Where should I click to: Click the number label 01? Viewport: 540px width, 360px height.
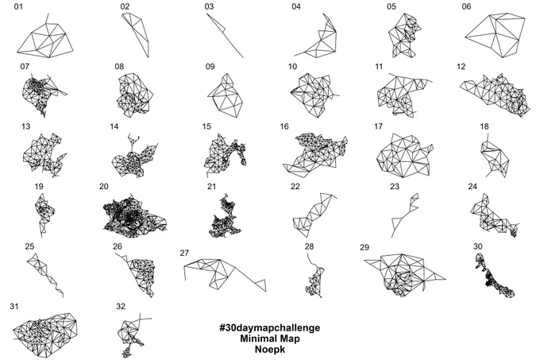(x=18, y=6)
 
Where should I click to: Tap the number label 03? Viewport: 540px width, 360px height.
(x=209, y=6)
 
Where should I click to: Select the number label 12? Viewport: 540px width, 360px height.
(x=461, y=67)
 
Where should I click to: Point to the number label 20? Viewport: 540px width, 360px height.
(x=104, y=187)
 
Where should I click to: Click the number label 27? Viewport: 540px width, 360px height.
(x=184, y=253)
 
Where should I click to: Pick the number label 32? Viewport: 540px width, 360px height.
(x=121, y=306)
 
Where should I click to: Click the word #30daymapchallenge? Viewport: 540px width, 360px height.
(x=270, y=327)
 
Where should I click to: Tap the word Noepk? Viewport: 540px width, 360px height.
(x=270, y=349)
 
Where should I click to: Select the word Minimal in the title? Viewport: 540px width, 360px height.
(x=256, y=339)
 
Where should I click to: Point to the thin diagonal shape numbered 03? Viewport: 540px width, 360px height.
(x=225, y=36)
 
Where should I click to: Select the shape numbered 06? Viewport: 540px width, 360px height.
(x=496, y=36)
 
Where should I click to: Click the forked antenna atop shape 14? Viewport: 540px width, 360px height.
(x=133, y=140)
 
